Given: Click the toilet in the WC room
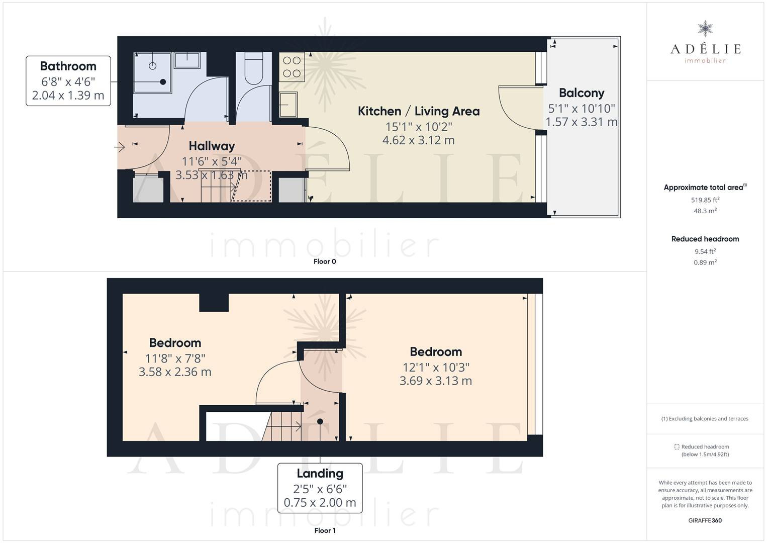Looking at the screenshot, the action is coord(254,68).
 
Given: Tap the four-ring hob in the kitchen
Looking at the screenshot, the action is coord(292,67).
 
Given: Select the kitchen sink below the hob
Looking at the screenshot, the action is coord(289,105).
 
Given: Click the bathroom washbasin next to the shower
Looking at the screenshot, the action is coord(187,60).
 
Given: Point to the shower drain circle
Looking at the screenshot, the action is coord(153,66).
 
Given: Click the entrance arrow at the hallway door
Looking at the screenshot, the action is coord(119,147).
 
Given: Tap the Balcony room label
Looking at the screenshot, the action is coord(582,93).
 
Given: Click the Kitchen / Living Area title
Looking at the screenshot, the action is coord(418,111).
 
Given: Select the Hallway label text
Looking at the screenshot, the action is coord(212,146).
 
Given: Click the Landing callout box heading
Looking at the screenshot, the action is coord(320,474).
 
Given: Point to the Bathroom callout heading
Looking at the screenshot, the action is coord(68,66).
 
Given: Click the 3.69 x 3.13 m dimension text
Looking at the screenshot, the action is coord(436,381).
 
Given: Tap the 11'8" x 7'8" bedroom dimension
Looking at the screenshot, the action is coord(175,358).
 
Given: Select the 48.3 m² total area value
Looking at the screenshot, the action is coord(705,211).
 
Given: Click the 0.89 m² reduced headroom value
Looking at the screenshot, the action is coord(705,262).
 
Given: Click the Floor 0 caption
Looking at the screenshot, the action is coord(325,261).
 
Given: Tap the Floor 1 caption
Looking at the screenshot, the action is coord(325,530).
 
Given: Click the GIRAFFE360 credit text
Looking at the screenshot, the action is coord(705,520).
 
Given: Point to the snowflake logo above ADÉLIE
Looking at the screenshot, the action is coord(705,29).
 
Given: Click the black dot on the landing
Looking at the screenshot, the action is coord(320,421).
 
